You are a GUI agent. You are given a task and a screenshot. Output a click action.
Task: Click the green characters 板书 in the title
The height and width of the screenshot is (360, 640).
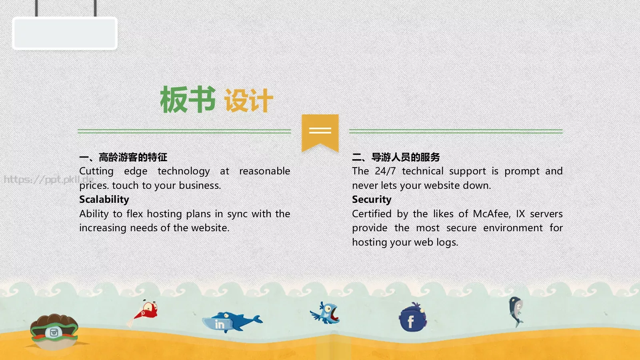(188, 100)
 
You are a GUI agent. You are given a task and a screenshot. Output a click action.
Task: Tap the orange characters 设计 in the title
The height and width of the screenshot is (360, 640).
(248, 100)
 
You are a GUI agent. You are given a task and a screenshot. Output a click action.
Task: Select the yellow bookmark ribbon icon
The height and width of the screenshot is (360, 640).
(320, 132)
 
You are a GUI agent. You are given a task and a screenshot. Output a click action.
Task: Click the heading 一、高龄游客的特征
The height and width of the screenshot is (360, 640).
(123, 157)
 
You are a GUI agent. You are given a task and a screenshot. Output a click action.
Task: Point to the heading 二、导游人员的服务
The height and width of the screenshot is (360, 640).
(396, 157)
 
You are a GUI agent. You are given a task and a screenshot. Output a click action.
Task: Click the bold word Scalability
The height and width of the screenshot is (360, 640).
(104, 199)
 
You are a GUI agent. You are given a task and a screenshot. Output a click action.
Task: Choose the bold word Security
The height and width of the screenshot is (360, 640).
(372, 199)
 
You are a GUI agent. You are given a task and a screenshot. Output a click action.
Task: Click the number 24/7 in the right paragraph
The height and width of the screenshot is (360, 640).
(385, 171)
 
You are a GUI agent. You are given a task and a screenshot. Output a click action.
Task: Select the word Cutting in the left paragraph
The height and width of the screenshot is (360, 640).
(96, 171)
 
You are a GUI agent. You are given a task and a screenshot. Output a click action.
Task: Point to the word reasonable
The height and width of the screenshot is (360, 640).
(264, 171)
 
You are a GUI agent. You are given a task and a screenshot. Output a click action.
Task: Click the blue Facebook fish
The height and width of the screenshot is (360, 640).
(412, 318)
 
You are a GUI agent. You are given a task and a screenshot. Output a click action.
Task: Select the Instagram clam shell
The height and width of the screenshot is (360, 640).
(54, 331)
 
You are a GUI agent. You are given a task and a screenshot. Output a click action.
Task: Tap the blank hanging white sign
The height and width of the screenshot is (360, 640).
(65, 33)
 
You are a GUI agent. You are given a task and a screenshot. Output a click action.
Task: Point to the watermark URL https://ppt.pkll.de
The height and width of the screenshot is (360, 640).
(48, 179)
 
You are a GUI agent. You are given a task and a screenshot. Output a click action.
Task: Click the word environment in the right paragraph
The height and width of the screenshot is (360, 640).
(513, 228)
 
